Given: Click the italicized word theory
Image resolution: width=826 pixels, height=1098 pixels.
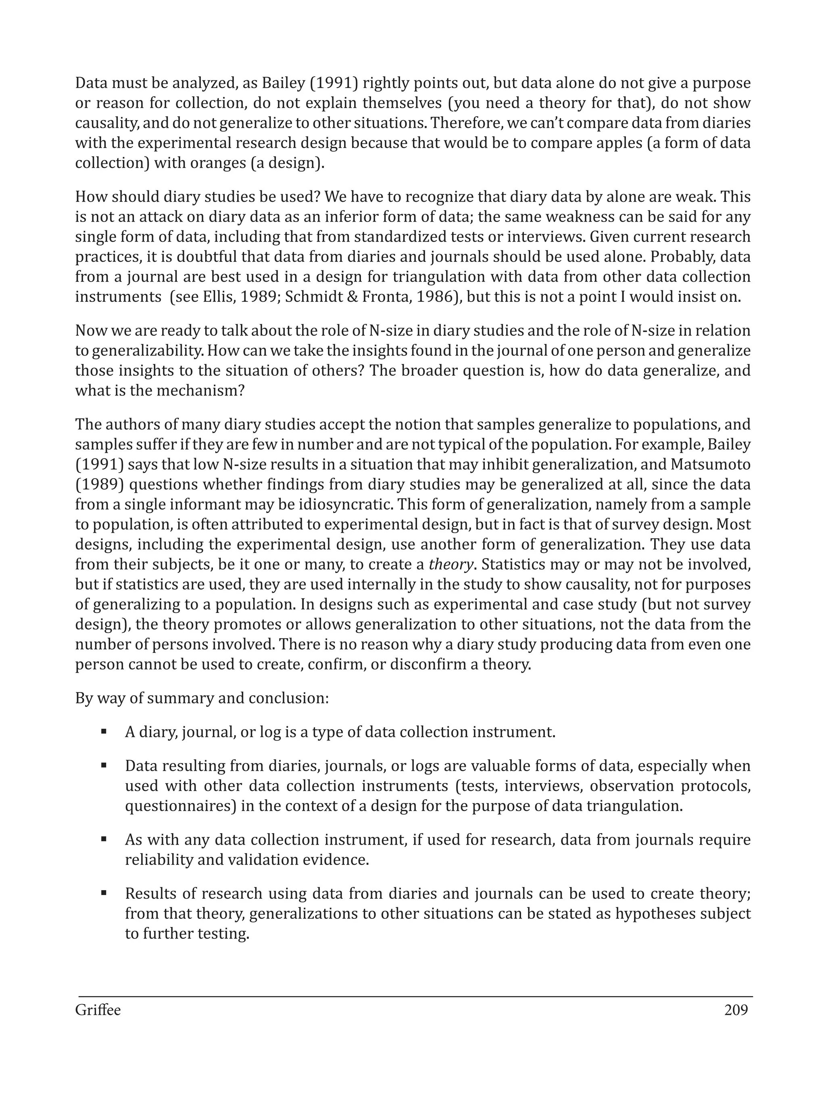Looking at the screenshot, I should [449, 565].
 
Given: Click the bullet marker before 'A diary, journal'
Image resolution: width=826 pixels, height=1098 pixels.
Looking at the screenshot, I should [104, 732].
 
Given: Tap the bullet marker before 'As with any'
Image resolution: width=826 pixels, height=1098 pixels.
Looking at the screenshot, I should [104, 839].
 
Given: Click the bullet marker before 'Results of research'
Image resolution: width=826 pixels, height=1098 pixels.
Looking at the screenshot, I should [104, 893].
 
